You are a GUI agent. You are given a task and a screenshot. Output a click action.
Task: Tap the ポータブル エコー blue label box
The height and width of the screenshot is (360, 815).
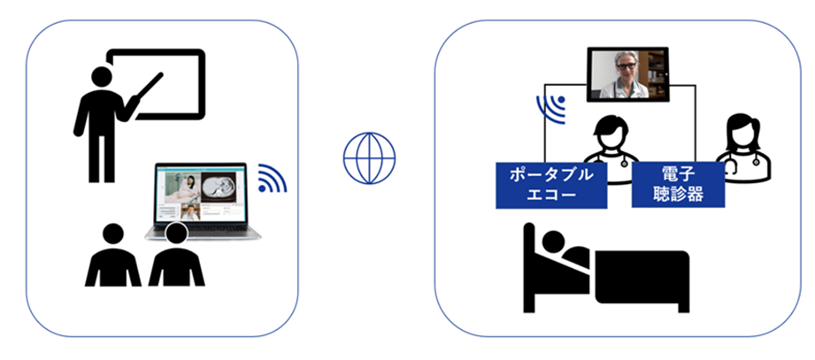click(551, 184)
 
